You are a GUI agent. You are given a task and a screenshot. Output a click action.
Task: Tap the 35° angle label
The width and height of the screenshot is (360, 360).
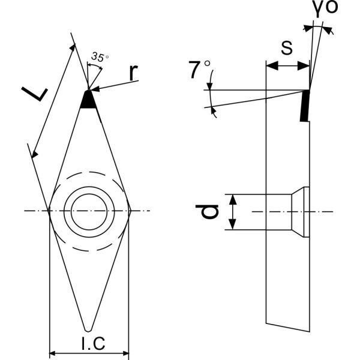click(100, 57)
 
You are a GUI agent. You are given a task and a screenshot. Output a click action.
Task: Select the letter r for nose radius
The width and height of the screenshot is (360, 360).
click(133, 73)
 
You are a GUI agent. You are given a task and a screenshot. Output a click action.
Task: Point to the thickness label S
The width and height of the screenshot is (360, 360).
click(287, 48)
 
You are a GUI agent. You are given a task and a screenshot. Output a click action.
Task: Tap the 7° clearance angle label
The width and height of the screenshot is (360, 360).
click(199, 70)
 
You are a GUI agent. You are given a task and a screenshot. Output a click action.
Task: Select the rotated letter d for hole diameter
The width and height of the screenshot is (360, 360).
click(207, 211)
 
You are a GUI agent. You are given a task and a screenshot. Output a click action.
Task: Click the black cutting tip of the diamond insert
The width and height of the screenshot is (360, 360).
click(88, 100)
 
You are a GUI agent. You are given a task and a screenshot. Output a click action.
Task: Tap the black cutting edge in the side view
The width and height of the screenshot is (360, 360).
click(305, 106)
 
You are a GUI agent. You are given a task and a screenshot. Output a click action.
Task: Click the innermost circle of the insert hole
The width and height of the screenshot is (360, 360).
click(89, 212)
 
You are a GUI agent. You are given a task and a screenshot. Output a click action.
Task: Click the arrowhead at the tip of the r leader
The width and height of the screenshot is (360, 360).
click(95, 89)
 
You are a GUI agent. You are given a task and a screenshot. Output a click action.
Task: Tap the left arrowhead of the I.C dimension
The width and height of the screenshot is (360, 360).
click(53, 353)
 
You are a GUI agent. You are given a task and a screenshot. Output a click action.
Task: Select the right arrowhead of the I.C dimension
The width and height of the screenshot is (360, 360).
click(125, 353)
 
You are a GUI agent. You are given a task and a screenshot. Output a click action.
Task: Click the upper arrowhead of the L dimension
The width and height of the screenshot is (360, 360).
click(73, 47)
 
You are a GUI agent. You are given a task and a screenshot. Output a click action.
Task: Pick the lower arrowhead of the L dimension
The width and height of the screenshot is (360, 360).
click(34, 155)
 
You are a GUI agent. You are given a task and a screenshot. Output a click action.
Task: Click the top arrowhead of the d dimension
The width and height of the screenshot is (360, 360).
click(233, 199)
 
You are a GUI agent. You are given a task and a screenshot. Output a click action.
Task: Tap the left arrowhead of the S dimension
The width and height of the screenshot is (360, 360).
click(272, 66)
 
